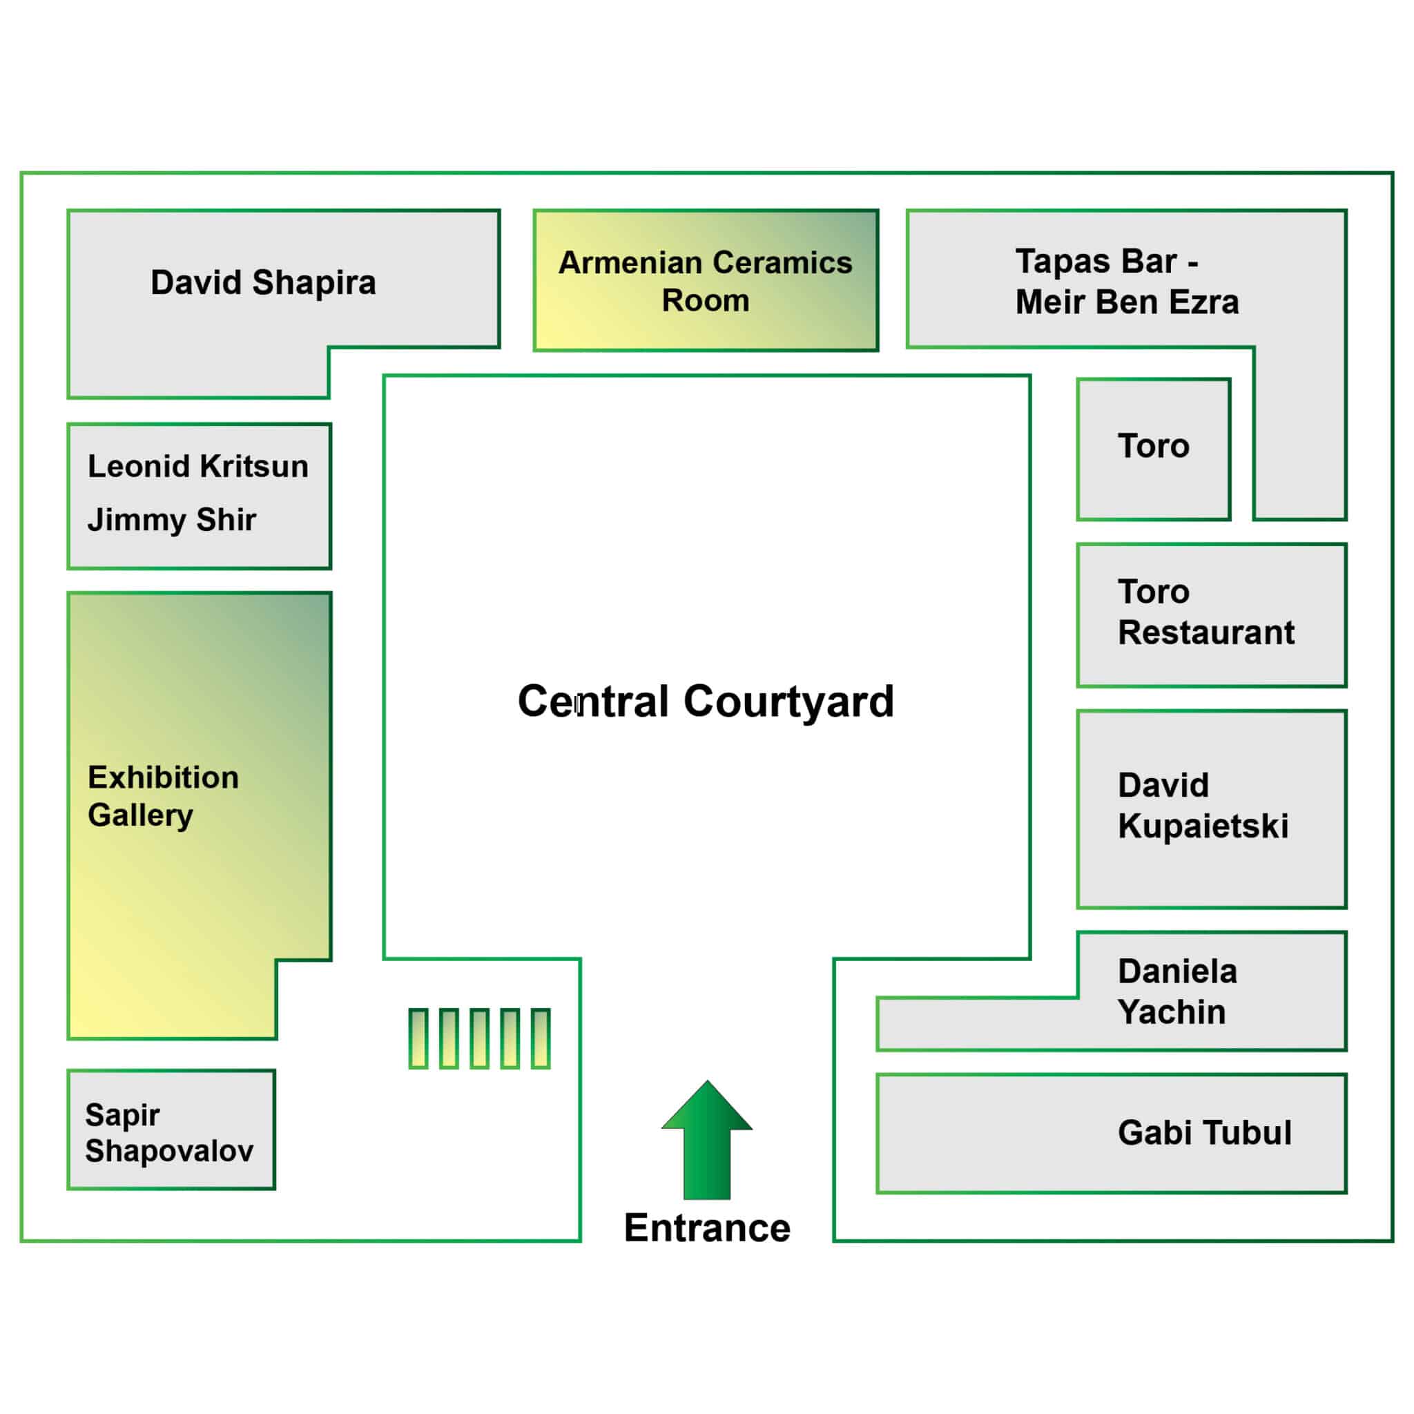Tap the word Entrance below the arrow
click(707, 1228)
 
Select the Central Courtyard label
click(706, 701)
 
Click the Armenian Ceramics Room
click(706, 280)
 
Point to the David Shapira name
click(263, 282)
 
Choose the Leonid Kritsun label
click(197, 466)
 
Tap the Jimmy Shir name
click(172, 520)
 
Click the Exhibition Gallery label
click(163, 796)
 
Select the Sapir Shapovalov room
click(171, 1130)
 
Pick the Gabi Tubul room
click(1111, 1133)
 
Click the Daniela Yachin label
click(1178, 991)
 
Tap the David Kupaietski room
click(1211, 808)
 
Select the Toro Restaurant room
click(1211, 614)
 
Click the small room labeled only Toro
click(1154, 449)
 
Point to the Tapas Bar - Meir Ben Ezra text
click(1127, 282)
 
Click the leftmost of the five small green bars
click(418, 1038)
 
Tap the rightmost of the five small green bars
click(541, 1038)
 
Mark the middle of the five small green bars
click(479, 1038)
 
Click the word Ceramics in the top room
click(782, 263)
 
